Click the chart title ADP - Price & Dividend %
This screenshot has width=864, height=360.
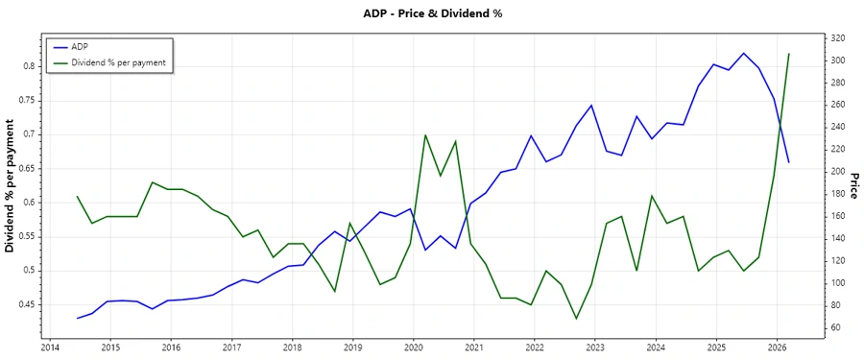432,13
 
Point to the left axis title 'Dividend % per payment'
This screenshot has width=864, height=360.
11,186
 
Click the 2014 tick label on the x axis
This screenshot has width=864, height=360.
50,348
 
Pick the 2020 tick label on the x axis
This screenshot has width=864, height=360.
413,348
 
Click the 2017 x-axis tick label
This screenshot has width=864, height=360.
231,348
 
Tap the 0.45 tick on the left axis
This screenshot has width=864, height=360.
26,304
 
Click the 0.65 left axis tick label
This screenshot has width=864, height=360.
26,168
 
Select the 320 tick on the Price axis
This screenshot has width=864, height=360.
838,38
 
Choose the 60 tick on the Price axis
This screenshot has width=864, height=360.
835,327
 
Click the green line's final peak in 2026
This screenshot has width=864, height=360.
789,54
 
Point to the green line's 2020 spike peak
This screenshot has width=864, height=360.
425,134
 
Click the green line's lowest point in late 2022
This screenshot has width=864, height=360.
577,319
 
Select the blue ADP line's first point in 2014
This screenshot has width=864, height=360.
78,318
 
